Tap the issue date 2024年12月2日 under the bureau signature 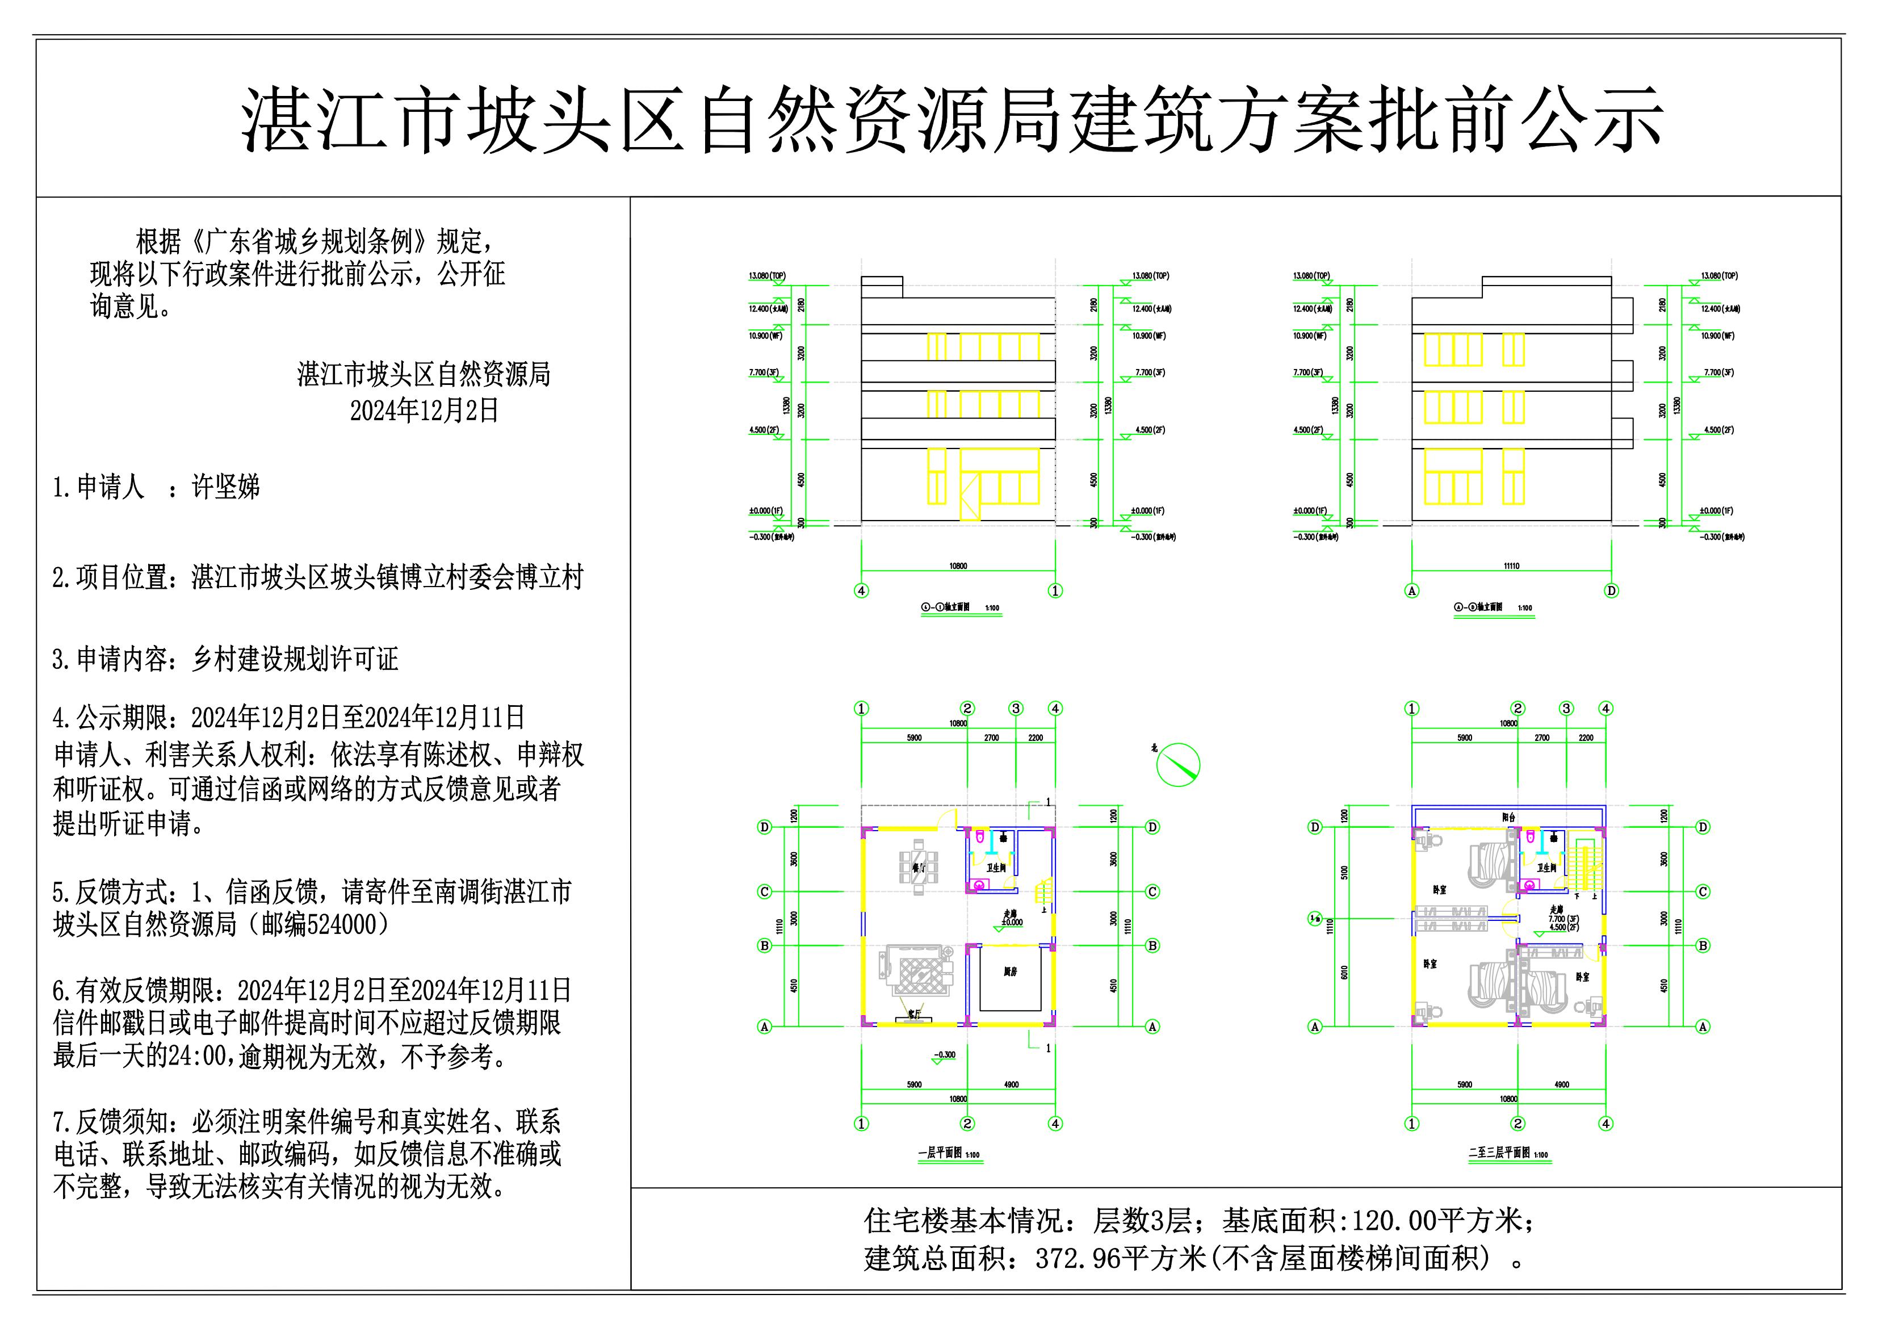point(424,410)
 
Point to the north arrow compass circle point(1178,765)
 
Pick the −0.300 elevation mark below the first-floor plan point(944,1055)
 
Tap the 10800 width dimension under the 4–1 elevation point(958,565)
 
